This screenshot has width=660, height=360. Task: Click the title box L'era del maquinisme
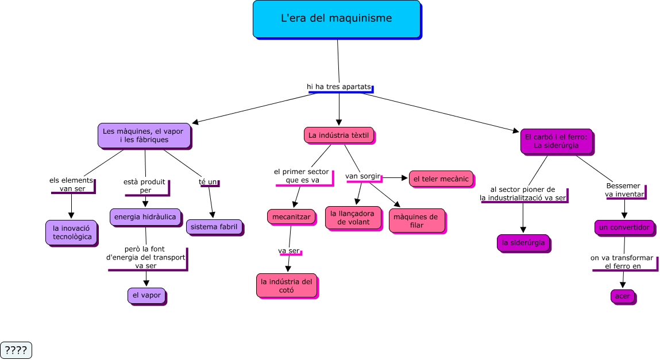(337, 19)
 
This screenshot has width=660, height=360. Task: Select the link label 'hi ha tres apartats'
(339, 86)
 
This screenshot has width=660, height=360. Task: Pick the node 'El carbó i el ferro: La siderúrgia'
(556, 141)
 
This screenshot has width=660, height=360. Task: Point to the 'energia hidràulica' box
(145, 216)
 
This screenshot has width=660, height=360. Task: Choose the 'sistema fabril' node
(214, 227)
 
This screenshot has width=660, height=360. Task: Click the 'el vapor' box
(146, 295)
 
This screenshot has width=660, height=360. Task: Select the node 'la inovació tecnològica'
(72, 233)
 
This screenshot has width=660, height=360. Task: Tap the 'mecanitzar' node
(291, 217)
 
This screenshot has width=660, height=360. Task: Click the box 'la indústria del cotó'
(286, 285)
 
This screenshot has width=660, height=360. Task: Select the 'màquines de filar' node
(416, 220)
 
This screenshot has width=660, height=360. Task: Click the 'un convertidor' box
(624, 227)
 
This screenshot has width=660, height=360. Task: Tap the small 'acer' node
(622, 296)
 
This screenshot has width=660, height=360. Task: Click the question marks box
(16, 350)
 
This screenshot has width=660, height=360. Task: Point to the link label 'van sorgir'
(362, 176)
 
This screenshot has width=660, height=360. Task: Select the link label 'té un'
(208, 182)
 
